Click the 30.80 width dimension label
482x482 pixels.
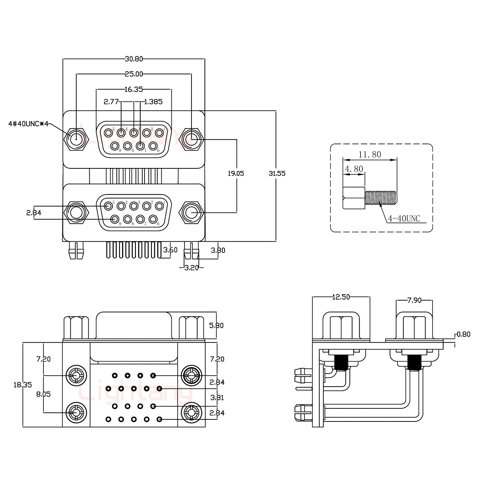(x=134, y=59)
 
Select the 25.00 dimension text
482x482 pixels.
(x=134, y=74)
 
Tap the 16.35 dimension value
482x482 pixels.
(x=134, y=89)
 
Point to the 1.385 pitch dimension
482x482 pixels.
(x=153, y=102)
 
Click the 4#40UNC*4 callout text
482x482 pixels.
(x=28, y=124)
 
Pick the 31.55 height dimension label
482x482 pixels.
(x=277, y=173)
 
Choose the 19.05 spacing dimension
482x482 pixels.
(x=236, y=173)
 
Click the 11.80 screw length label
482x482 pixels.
(x=370, y=155)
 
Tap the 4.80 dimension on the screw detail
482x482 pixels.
(x=354, y=169)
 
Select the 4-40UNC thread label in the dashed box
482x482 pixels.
(x=404, y=219)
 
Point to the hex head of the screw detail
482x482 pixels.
(x=353, y=198)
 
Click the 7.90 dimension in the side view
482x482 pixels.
(x=414, y=300)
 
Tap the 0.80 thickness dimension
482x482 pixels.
(x=464, y=334)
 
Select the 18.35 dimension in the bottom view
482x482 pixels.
(x=22, y=385)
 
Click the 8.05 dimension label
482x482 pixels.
(x=43, y=394)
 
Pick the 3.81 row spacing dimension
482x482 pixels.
(x=217, y=398)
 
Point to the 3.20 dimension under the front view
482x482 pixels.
(x=191, y=267)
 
